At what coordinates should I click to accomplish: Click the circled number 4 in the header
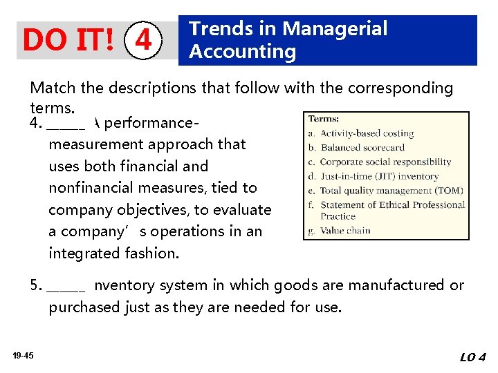(x=142, y=41)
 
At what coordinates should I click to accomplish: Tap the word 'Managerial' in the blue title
(x=335, y=29)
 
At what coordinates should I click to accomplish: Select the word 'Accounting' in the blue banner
(x=242, y=52)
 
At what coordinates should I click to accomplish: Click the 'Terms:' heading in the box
(x=324, y=119)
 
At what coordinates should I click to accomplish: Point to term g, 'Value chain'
(x=344, y=231)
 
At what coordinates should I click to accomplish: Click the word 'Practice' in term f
(x=338, y=217)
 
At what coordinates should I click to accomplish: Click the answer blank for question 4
(x=66, y=125)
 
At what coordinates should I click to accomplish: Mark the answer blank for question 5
(x=66, y=286)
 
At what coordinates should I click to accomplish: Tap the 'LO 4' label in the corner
(x=472, y=357)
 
